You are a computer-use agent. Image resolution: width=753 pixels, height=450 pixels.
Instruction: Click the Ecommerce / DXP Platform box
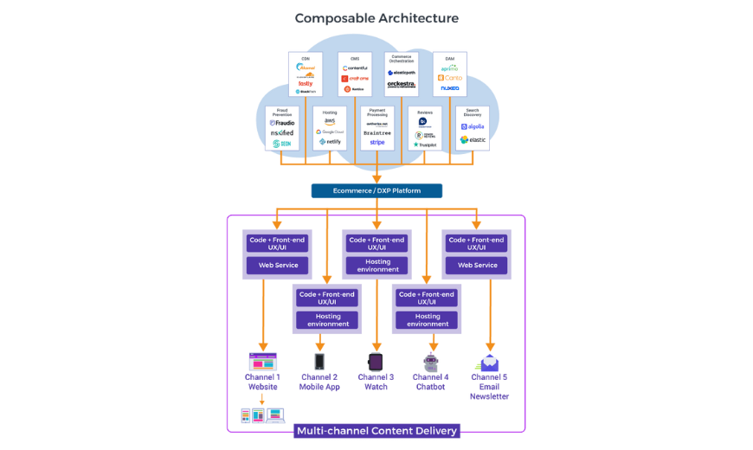tap(376, 190)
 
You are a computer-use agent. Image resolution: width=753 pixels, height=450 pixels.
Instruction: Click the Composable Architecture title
tap(376, 18)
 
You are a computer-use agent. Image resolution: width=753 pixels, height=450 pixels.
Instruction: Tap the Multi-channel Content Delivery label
tap(376, 430)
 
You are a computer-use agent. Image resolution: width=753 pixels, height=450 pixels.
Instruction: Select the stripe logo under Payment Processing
tap(377, 143)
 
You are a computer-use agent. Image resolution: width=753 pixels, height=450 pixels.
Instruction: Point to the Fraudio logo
tap(283, 123)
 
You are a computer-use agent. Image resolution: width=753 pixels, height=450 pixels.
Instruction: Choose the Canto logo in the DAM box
tap(450, 78)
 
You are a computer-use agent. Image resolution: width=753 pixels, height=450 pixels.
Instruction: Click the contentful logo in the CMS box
tap(355, 67)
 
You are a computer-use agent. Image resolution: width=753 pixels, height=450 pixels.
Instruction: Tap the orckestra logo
tap(402, 84)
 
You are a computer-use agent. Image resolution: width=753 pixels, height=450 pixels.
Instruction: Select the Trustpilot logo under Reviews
tap(425, 145)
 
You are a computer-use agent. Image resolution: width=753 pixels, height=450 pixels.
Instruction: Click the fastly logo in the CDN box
tap(306, 83)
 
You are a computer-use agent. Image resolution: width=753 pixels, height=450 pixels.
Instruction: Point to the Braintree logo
tap(377, 133)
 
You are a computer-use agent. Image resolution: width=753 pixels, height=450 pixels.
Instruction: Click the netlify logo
tap(331, 142)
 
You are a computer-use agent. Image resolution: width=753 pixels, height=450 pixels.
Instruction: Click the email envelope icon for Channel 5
tap(489, 363)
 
